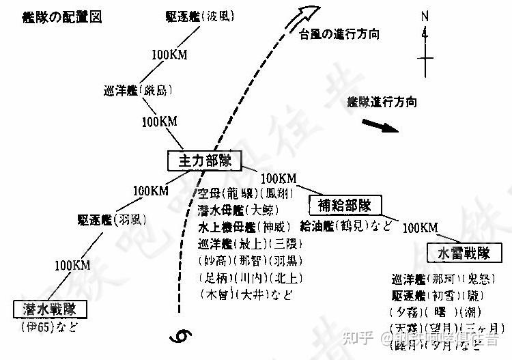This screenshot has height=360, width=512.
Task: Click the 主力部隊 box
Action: tap(205, 161)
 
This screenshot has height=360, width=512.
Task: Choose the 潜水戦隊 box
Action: tap(51, 309)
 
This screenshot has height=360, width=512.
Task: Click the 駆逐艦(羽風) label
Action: tap(112, 220)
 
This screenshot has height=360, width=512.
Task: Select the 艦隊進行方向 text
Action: tap(382, 102)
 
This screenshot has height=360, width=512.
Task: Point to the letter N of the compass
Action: tap(425, 16)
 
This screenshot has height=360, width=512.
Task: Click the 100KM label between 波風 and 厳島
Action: tap(169, 53)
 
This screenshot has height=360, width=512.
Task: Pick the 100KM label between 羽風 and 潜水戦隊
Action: tap(72, 265)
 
